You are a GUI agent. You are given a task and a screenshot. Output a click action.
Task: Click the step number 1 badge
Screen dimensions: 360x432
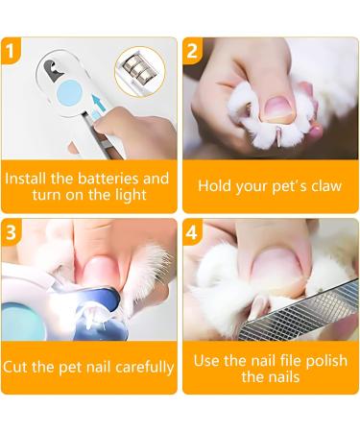11,50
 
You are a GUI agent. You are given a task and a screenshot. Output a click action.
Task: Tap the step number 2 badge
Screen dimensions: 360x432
192,50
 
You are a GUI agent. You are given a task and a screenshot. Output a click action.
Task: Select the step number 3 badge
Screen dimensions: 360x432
11,231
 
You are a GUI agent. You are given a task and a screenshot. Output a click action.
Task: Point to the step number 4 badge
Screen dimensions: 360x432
192,231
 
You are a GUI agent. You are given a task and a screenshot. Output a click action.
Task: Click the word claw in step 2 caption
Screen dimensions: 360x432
326,186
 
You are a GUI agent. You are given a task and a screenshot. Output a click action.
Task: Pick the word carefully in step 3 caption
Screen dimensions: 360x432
145,368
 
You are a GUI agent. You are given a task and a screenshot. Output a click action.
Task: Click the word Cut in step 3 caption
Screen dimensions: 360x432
15,367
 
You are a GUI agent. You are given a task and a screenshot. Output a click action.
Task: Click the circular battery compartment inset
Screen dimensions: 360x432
139,72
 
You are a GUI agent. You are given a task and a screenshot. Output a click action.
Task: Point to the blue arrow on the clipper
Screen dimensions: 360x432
99,103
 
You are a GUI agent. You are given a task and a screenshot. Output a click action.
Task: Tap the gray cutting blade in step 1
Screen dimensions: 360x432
53,69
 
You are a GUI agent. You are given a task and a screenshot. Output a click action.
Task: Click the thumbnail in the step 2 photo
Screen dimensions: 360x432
277,108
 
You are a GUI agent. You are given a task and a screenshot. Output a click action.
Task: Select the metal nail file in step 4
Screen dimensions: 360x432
300,311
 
